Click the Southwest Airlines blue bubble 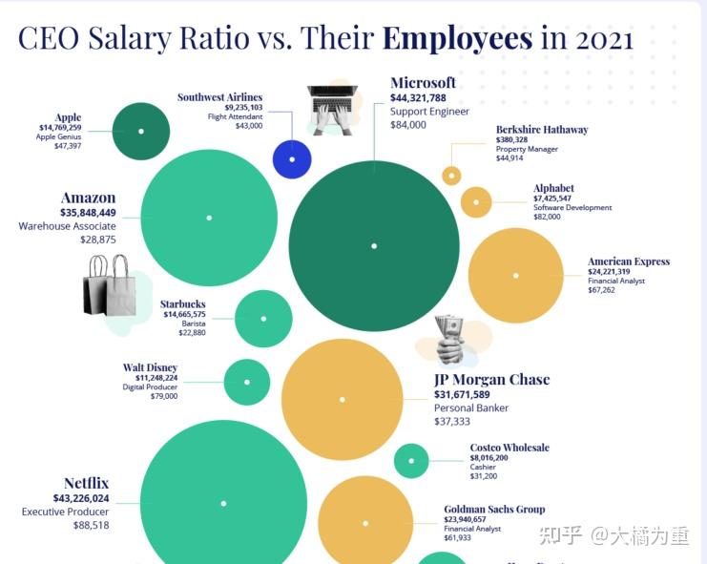pyautogui.click(x=292, y=158)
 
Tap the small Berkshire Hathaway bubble pyautogui.click(x=451, y=176)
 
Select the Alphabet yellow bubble pyautogui.click(x=476, y=202)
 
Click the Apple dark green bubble pyautogui.click(x=141, y=131)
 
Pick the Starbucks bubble pyautogui.click(x=263, y=318)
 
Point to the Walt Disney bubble pyautogui.click(x=247, y=382)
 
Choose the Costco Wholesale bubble pyautogui.click(x=411, y=461)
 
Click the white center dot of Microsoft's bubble pyautogui.click(x=374, y=246)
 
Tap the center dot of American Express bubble pyautogui.click(x=515, y=276)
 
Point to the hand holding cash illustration pyautogui.click(x=449, y=340)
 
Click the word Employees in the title pyautogui.click(x=457, y=39)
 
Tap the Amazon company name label pyautogui.click(x=88, y=198)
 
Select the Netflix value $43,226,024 pyautogui.click(x=68, y=498)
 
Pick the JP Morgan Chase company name pyautogui.click(x=491, y=379)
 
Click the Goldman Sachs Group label pyautogui.click(x=494, y=510)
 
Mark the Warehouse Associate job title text pyautogui.click(x=67, y=226)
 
